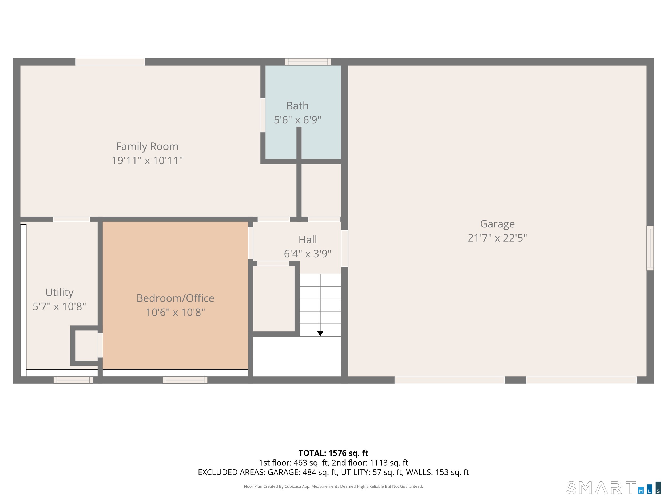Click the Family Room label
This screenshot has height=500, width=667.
point(147,146)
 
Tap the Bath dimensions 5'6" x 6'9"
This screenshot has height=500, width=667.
point(297,120)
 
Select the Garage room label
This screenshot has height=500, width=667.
point(497,224)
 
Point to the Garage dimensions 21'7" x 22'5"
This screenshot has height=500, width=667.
point(497,238)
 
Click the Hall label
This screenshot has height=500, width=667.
point(308,240)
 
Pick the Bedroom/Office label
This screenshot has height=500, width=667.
point(175,298)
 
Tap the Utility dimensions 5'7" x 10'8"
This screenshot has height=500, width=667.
point(59,306)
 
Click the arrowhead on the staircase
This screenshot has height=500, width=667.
point(320,334)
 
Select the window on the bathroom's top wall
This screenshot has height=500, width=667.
point(308,62)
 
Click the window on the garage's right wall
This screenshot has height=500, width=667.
point(650,248)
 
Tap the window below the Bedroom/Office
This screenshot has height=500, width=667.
point(185,380)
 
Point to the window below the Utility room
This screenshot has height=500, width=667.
point(73,380)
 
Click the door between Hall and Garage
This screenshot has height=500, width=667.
point(344,248)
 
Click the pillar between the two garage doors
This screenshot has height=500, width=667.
point(515,380)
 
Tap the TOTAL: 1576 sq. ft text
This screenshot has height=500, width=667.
point(333,453)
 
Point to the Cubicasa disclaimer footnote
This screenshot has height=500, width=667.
point(333,486)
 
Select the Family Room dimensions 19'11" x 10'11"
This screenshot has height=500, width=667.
point(147,161)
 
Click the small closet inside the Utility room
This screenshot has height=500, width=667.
point(86,345)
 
